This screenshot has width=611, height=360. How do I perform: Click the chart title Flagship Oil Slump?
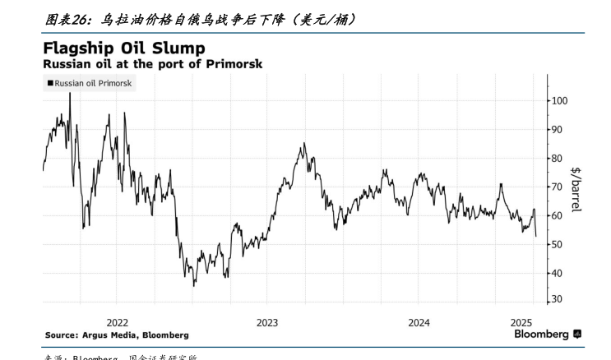click(124, 48)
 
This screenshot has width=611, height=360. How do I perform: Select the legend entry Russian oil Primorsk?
click(90, 83)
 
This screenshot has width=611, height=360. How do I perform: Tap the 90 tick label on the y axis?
click(558, 130)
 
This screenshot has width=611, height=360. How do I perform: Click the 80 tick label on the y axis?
click(558, 159)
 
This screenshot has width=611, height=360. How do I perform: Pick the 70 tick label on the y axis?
click(558, 187)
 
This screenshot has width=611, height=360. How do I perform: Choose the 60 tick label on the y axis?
click(558, 216)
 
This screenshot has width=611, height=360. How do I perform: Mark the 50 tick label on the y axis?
click(558, 245)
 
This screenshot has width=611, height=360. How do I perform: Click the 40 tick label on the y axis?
click(558, 274)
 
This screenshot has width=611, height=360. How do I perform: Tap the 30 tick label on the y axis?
click(558, 300)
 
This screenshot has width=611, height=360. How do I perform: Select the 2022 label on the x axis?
click(118, 322)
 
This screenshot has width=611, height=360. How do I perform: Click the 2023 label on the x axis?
click(268, 322)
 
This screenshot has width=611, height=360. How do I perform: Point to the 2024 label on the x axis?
click(419, 322)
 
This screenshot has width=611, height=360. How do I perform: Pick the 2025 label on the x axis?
click(521, 322)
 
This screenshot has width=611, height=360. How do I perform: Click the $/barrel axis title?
click(576, 189)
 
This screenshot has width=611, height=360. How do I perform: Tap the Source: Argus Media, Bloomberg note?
click(116, 335)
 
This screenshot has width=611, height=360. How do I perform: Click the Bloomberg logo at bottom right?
click(547, 335)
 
